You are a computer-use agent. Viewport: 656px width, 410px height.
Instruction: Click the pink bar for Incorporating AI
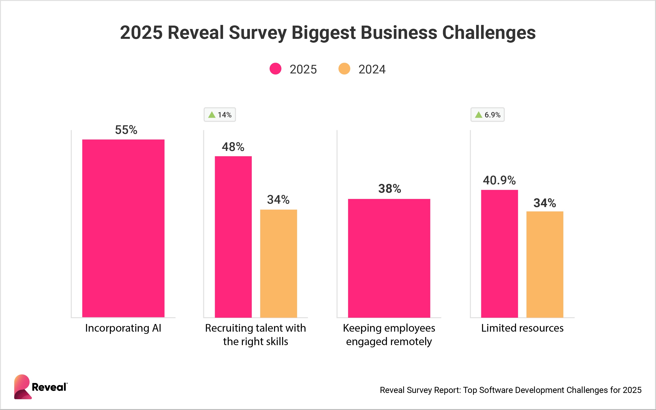tap(123, 228)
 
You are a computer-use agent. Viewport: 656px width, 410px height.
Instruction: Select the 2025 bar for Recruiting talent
tap(233, 236)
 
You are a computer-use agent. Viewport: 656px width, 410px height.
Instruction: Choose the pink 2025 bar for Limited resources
tap(499, 253)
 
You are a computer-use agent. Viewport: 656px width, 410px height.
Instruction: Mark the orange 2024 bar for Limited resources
tap(545, 264)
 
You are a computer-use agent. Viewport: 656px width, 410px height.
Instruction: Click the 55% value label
tap(126, 130)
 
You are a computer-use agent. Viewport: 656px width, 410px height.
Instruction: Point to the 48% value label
tap(233, 147)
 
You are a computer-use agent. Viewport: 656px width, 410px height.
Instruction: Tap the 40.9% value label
tap(499, 180)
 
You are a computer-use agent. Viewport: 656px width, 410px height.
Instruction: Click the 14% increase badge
tap(220, 115)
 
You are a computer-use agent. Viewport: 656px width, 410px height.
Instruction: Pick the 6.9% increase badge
tap(487, 115)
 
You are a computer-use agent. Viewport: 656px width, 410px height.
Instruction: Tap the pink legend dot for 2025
tap(275, 69)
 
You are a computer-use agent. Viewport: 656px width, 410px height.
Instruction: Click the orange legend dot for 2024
tap(344, 69)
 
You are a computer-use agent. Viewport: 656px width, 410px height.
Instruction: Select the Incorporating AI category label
tap(123, 328)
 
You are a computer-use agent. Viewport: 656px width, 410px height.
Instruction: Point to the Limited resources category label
tap(522, 328)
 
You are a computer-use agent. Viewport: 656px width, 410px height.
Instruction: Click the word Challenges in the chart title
tap(489, 33)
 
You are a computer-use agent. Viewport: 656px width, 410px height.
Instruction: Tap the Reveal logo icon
tap(22, 387)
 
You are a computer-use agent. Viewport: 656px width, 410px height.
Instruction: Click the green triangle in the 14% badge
tap(212, 115)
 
